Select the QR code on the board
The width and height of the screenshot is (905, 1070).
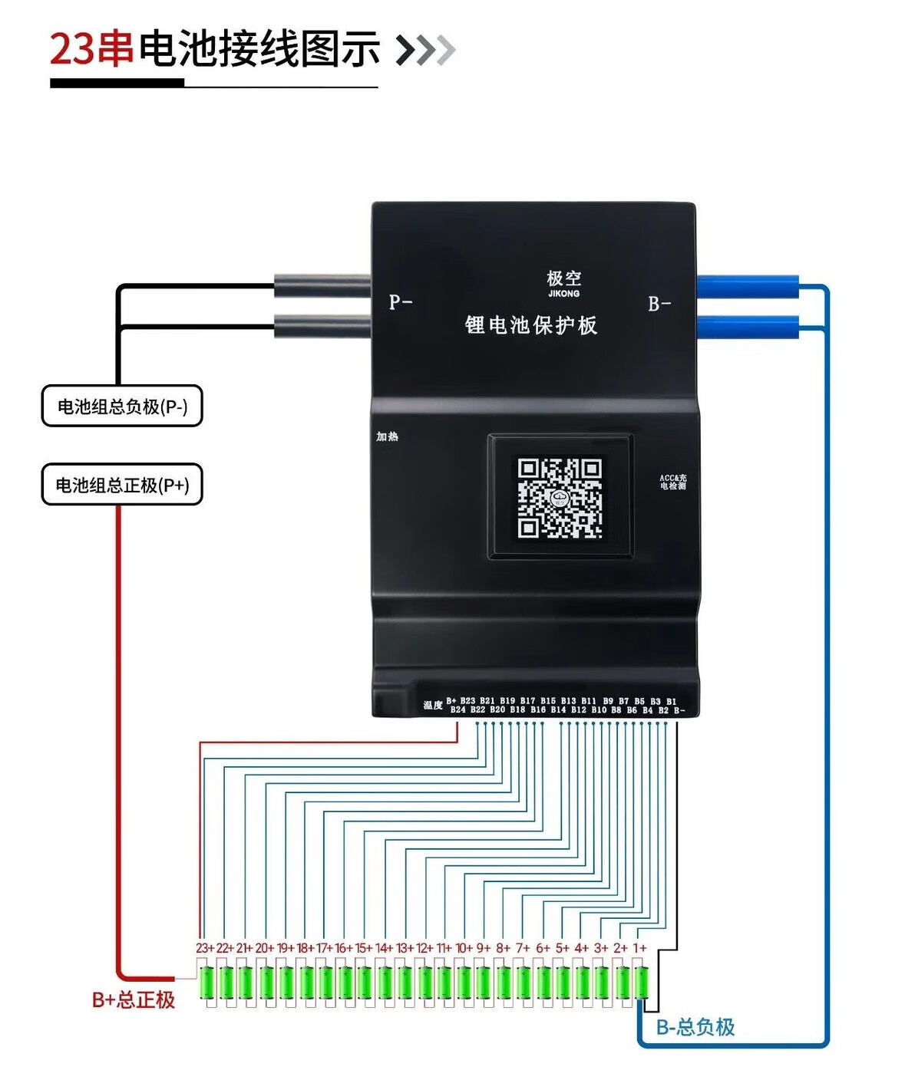pyautogui.click(x=560, y=497)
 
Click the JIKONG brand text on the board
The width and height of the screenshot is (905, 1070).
pyautogui.click(x=564, y=294)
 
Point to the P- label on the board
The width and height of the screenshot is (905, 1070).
pyautogui.click(x=401, y=302)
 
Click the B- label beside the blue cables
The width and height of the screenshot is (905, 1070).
pyautogui.click(x=659, y=305)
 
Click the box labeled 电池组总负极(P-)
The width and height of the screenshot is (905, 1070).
pyautogui.click(x=122, y=407)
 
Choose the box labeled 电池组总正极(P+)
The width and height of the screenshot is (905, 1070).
pyautogui.click(x=122, y=485)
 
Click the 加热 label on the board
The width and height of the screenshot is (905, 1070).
pyautogui.click(x=387, y=436)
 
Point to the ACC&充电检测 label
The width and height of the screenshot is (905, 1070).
pyautogui.click(x=673, y=482)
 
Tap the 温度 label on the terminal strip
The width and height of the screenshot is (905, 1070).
pyautogui.click(x=433, y=705)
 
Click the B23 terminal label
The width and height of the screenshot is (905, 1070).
pyautogui.click(x=467, y=701)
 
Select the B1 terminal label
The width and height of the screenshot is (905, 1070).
pyautogui.click(x=671, y=701)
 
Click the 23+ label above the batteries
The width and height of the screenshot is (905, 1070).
pyautogui.click(x=205, y=948)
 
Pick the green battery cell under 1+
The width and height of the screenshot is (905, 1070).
pyautogui.click(x=642, y=983)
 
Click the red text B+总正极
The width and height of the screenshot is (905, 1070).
pyautogui.click(x=134, y=999)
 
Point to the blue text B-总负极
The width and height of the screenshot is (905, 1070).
pyautogui.click(x=695, y=1027)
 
